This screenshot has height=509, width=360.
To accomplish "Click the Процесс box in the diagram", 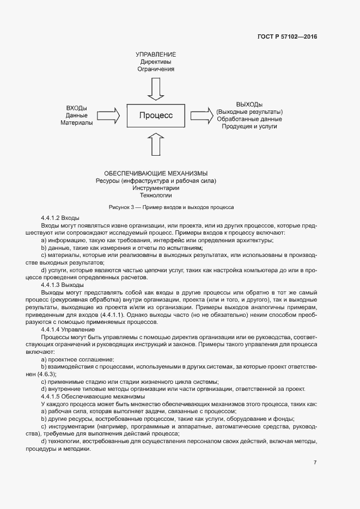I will coord(156,115).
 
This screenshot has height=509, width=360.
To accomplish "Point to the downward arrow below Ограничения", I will coord(156,89).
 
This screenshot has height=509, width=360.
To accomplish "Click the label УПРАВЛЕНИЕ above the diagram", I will coord(156,55).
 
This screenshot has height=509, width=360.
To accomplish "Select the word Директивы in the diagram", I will coord(156,62).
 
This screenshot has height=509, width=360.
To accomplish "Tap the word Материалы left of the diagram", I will coord(77,122).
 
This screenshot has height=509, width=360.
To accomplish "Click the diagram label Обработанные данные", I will coord(249,119).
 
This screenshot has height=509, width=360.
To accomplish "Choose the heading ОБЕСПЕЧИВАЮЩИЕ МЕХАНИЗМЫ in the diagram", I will coord(156,173).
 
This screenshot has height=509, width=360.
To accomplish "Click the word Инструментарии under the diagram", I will coord(156,188).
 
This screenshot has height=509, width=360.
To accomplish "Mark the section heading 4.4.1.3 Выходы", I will coord(62,285).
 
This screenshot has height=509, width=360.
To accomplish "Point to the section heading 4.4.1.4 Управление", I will coord(68,330).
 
